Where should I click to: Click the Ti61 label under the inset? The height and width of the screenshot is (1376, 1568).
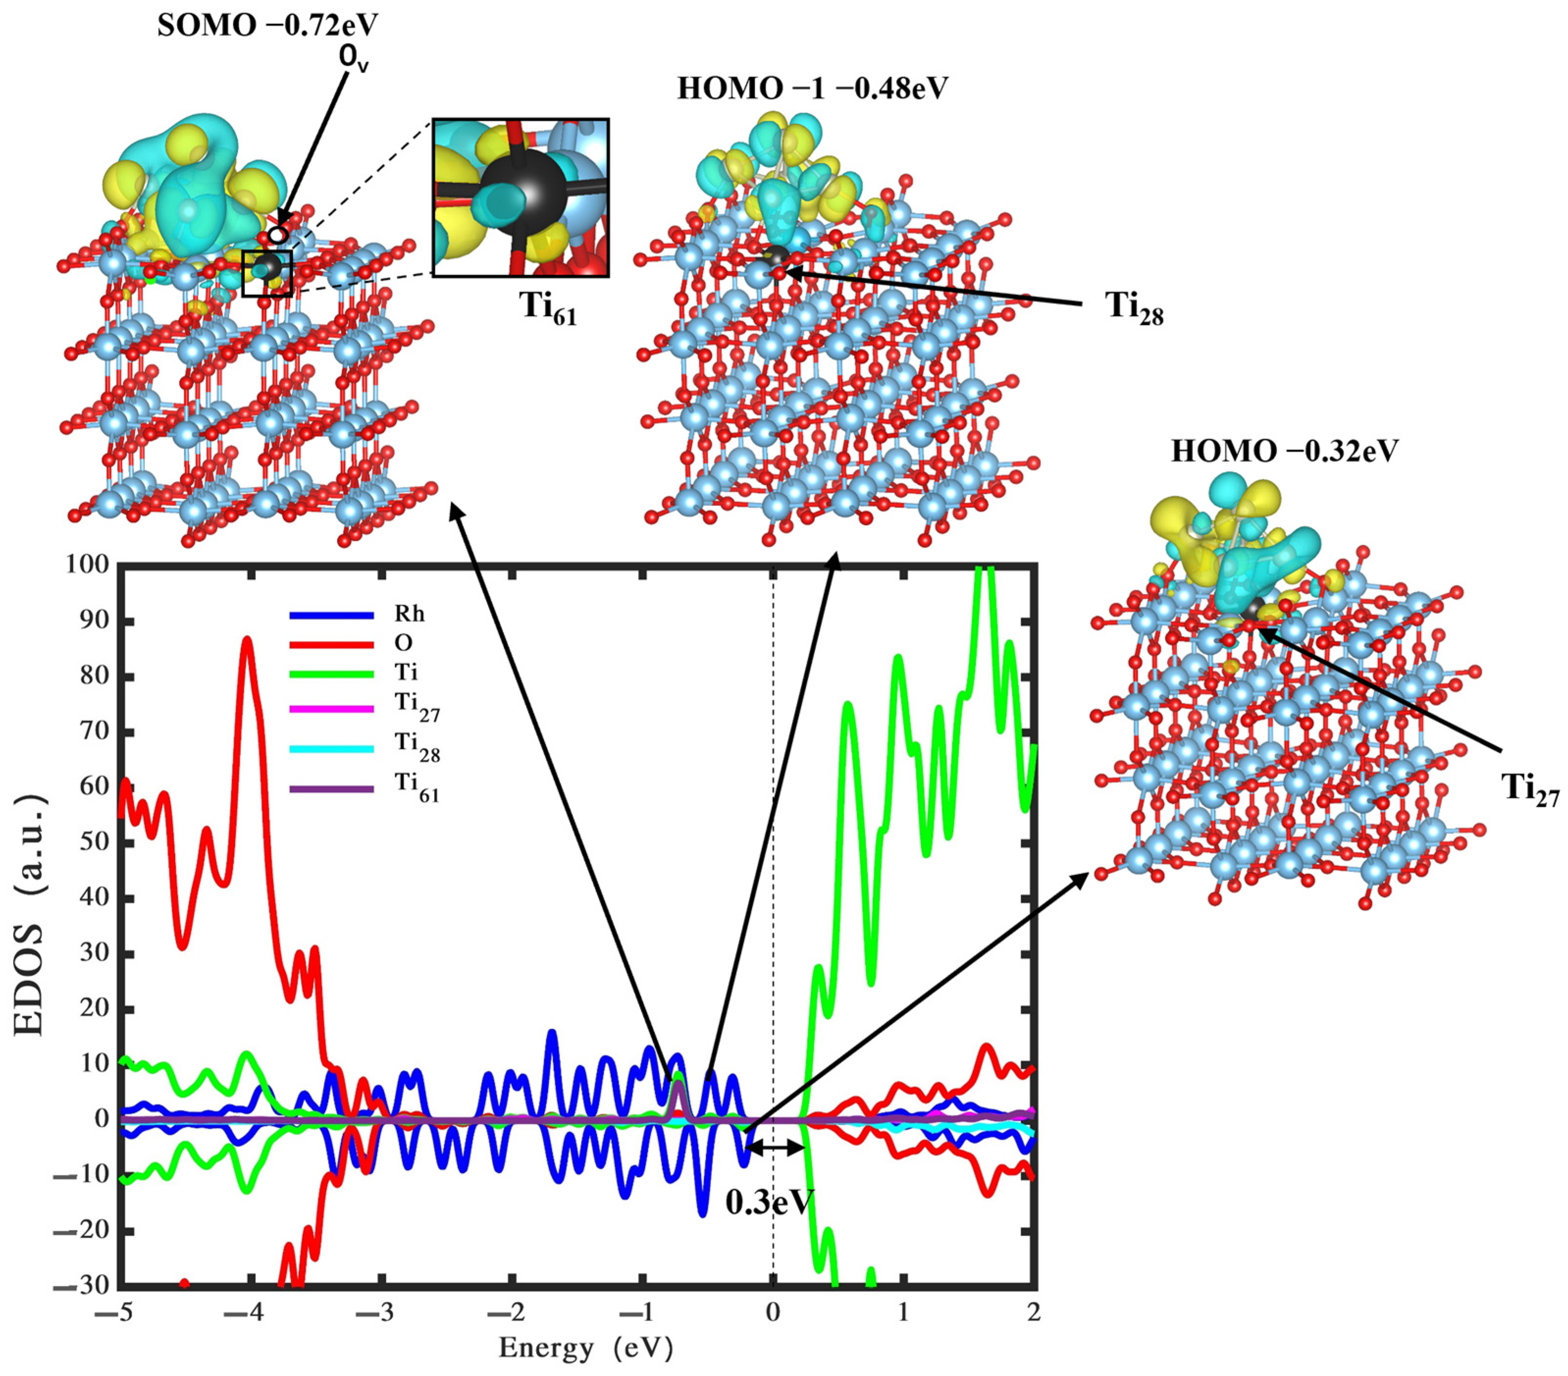(x=548, y=308)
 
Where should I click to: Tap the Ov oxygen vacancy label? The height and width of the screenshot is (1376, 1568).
(x=354, y=58)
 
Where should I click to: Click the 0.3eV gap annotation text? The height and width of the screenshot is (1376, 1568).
(x=770, y=1202)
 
